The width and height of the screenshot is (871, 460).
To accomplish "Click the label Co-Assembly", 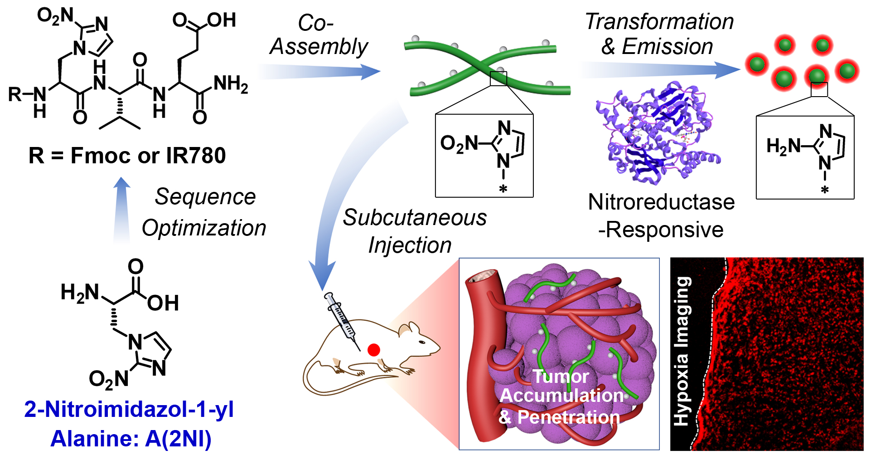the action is click(x=319, y=35).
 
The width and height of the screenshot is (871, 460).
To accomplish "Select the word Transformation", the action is click(x=659, y=21).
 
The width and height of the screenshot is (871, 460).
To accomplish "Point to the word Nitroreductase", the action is click(x=661, y=202).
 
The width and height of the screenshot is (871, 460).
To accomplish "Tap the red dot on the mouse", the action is click(x=373, y=350).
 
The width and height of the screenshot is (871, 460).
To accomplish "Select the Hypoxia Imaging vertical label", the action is click(x=682, y=352).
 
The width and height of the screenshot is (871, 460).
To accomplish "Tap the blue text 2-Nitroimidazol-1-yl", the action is click(x=129, y=409).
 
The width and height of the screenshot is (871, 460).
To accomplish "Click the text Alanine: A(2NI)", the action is click(x=131, y=439).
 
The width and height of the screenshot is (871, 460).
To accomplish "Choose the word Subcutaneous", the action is click(x=415, y=218).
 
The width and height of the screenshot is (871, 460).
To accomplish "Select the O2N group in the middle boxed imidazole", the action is click(x=459, y=144).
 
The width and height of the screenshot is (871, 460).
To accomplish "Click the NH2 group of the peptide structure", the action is click(x=231, y=85).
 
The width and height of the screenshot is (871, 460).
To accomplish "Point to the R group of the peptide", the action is click(x=15, y=95).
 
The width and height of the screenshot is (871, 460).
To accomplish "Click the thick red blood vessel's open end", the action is click(x=484, y=276).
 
